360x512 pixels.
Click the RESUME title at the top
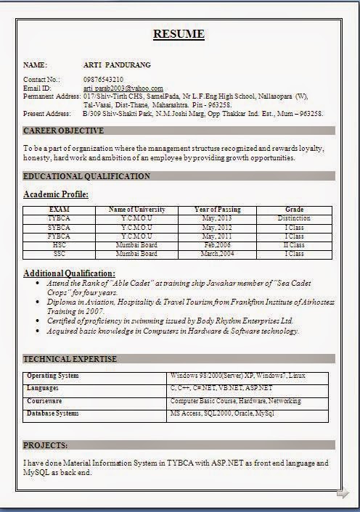[179, 34]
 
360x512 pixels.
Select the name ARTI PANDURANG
[114, 65]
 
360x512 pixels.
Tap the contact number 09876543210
[104, 79]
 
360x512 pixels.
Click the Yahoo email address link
[122, 88]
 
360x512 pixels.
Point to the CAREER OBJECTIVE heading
[64, 131]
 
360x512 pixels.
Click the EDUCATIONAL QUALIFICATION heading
[87, 176]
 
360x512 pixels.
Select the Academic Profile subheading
[56, 194]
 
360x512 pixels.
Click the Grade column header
[294, 210]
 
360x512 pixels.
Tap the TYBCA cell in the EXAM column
[59, 218]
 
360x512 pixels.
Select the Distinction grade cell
[294, 218]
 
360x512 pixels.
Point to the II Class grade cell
[294, 245]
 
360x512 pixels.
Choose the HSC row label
[59, 245]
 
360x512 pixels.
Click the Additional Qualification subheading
[69, 273]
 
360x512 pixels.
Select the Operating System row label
[53, 376]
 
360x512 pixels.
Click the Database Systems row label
[53, 413]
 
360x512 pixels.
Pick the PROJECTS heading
[46, 445]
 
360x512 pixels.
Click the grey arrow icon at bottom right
[342, 494]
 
